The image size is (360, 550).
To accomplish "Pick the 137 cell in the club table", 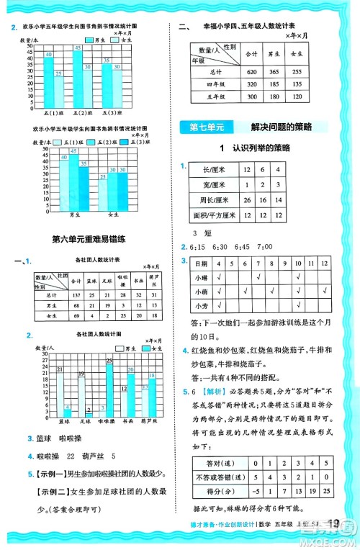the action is (x=74, y=295).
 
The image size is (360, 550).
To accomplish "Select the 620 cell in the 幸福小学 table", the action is (x=251, y=72).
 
